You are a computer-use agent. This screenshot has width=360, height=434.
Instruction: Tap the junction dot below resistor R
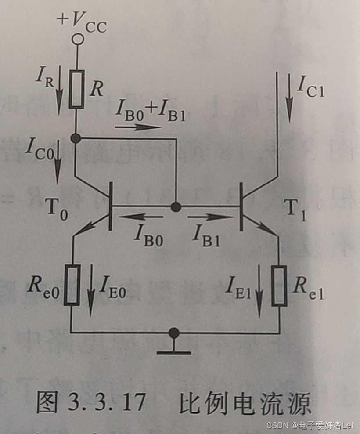[76, 138]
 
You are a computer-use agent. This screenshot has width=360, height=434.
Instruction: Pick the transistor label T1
[297, 210]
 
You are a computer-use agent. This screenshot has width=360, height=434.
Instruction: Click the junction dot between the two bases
[176, 206]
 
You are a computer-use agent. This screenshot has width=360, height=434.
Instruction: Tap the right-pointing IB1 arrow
[210, 216]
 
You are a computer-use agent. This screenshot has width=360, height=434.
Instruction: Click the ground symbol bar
[174, 352]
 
